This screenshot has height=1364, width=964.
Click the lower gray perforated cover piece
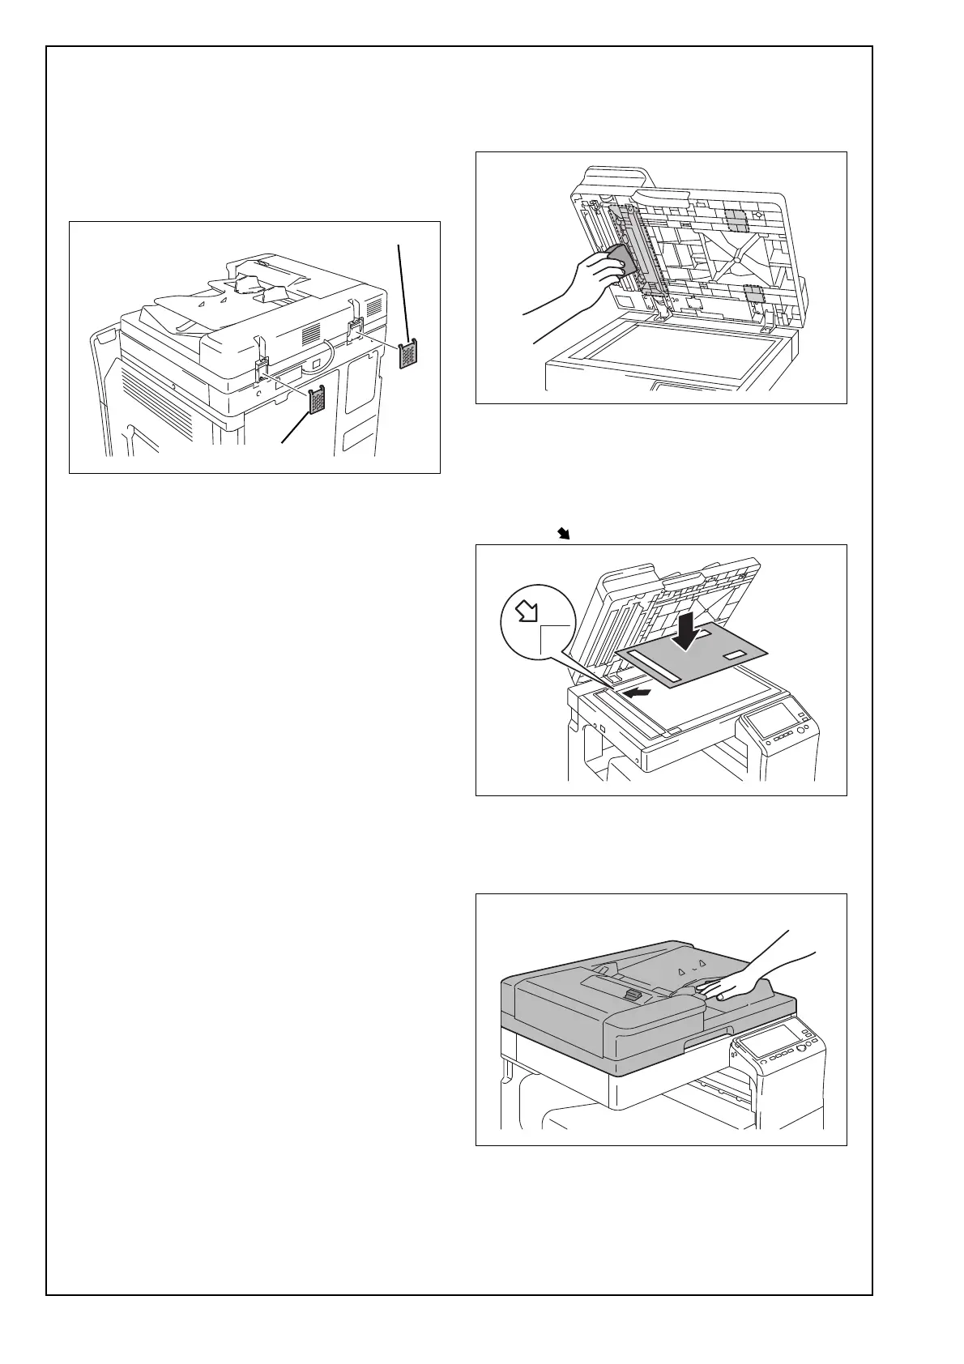point(317,400)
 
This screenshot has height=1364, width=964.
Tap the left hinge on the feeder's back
point(263,369)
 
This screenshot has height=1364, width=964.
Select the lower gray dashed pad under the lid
point(755,295)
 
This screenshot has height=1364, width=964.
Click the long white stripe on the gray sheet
point(656,658)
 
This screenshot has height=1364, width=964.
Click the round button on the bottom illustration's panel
point(804,1051)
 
